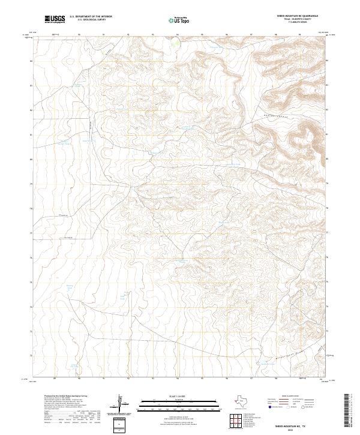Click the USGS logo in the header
55,19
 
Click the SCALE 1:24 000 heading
181,397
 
